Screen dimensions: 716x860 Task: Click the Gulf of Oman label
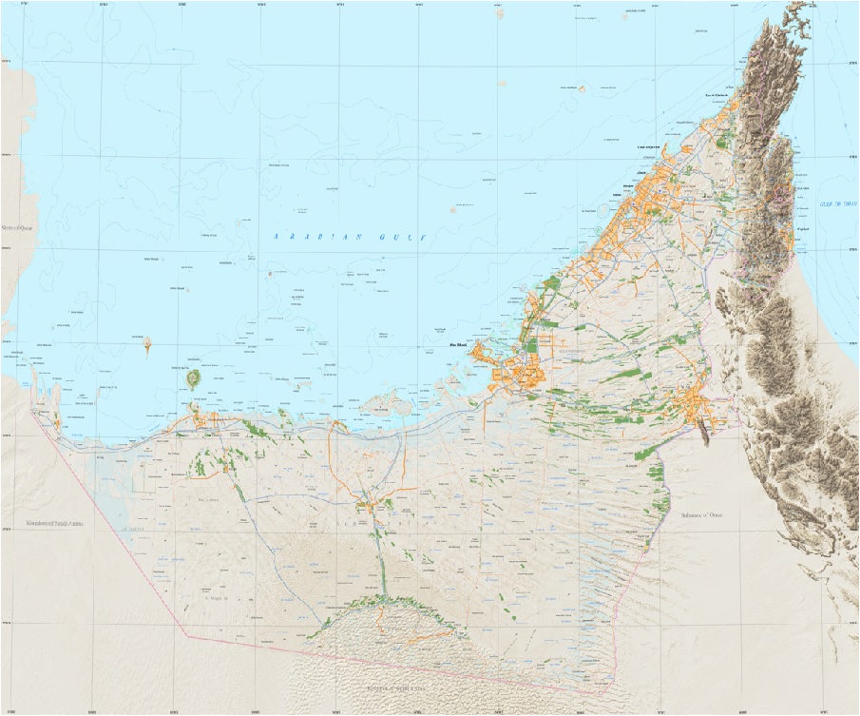(834, 203)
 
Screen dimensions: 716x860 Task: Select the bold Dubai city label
(617, 195)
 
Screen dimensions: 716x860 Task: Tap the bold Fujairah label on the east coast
(803, 228)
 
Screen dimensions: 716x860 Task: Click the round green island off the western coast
(193, 379)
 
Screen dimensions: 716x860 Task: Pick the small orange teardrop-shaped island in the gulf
(147, 343)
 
